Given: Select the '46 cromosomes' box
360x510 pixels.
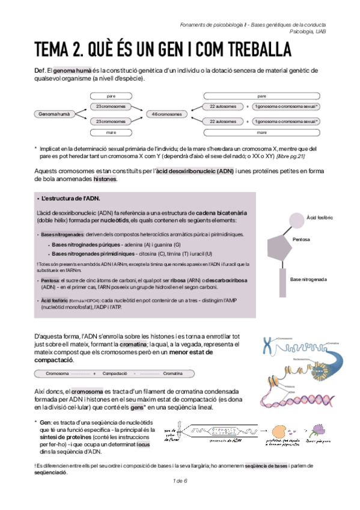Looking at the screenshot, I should [x=166, y=114].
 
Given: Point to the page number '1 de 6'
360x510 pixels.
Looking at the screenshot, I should [x=180, y=481].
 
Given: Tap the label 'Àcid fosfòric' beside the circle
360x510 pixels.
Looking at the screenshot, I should [x=320, y=217].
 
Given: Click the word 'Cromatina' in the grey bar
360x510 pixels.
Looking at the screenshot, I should [x=172, y=373].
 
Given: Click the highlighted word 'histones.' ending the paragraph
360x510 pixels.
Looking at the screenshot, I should [x=105, y=179].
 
